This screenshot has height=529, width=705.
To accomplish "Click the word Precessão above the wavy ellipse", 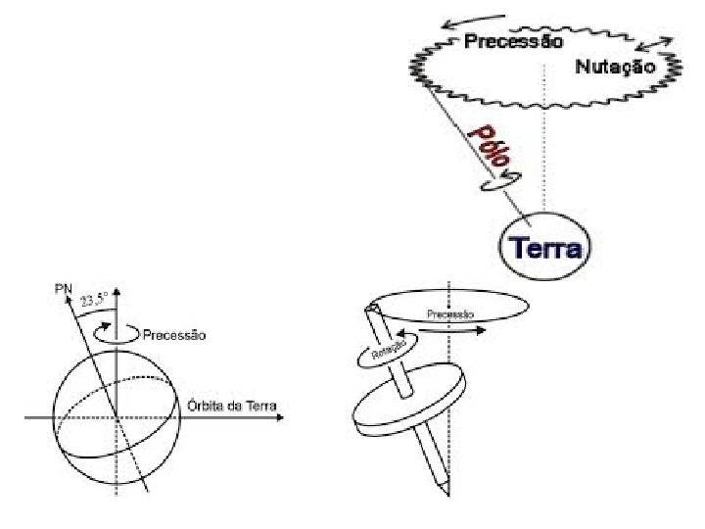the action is (x=513, y=42).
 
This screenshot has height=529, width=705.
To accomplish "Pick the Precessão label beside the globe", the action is (x=175, y=335).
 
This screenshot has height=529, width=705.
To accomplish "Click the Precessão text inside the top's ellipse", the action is (x=450, y=314).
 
